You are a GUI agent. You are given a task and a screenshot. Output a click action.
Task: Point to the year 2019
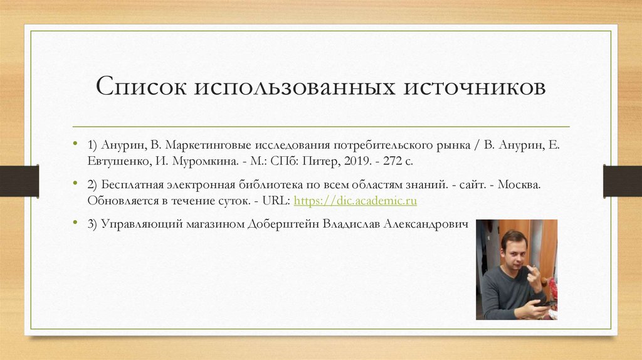(x=356, y=161)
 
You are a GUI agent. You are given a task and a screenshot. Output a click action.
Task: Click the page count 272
(x=390, y=161)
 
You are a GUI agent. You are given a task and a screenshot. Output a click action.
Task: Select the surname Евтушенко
(x=118, y=161)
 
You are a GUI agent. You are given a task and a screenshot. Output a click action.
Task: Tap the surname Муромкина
(x=201, y=161)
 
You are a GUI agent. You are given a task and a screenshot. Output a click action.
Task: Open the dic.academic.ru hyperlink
(x=355, y=201)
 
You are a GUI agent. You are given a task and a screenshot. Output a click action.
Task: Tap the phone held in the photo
(x=543, y=304)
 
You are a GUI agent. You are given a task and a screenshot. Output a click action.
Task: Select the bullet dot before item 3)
(x=75, y=223)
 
